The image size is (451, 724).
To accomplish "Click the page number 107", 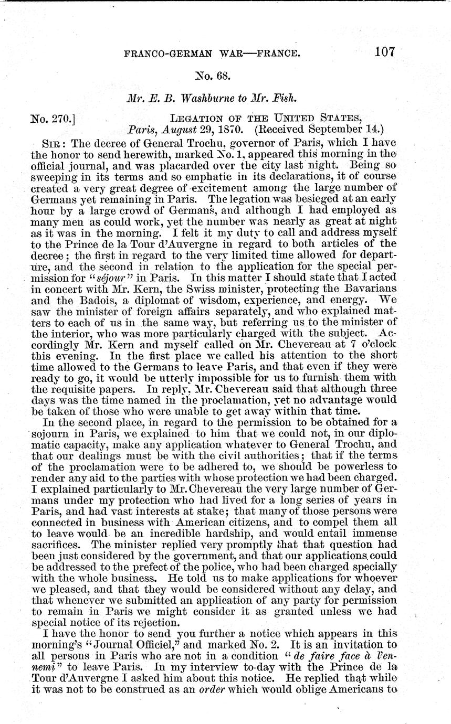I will click(384, 51).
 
